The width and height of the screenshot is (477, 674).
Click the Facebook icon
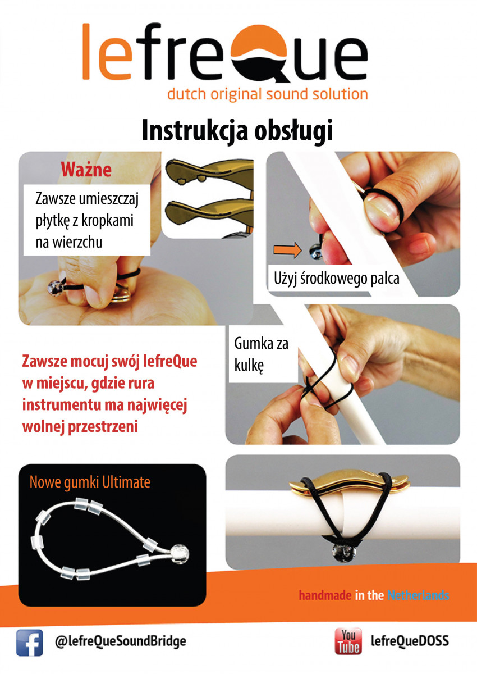pos(29,643)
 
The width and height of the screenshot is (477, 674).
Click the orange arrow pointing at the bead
pos(287,250)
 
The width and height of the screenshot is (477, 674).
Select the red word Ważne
pos(86,170)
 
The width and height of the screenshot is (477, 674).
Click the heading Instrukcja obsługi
pos(237,130)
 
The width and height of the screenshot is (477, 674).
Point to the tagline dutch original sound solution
pos(268,94)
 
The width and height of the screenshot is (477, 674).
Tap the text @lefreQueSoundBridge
pos(120,641)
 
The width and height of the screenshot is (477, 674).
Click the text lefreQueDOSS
pos(410,641)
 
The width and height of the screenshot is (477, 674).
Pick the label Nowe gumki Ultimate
pos(90,482)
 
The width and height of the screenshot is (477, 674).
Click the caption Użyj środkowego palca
pos(337,279)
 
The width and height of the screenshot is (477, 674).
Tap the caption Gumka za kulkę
pos(261,355)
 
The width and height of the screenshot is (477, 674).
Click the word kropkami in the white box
pos(108,221)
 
